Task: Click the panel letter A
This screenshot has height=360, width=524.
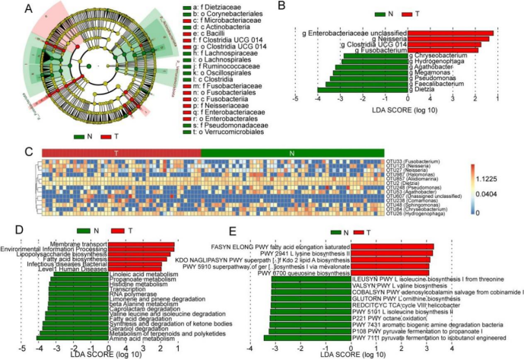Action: (x=7, y=9)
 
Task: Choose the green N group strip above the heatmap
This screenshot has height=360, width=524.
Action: (x=293, y=153)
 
